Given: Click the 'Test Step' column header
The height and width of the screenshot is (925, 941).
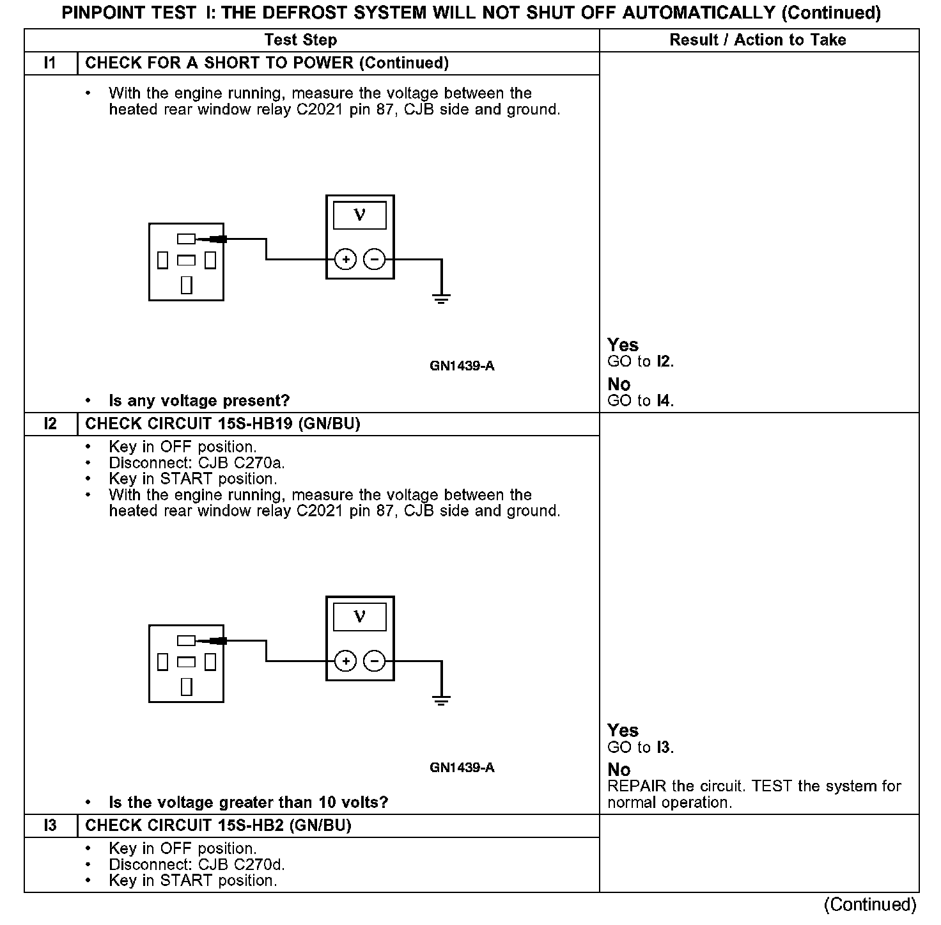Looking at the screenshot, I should click(x=300, y=40).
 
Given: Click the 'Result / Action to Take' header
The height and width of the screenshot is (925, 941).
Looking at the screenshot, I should click(x=758, y=40).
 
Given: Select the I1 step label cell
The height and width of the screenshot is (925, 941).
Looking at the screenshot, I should click(x=51, y=63).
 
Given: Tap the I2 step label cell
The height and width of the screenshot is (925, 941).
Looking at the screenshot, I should click(x=51, y=423).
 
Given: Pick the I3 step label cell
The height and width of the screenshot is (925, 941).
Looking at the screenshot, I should click(x=51, y=825).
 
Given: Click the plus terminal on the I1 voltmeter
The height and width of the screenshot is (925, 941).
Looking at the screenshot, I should click(x=346, y=259).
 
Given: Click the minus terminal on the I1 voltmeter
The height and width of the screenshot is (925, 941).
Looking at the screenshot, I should click(x=375, y=259).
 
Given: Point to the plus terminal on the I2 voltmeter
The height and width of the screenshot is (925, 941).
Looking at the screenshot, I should click(x=346, y=661).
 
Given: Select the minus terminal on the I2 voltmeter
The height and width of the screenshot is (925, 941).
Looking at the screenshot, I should click(x=375, y=661).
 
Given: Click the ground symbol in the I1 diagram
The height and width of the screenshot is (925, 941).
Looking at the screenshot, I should click(x=441, y=297).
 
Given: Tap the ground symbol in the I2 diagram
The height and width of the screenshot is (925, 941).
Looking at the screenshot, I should click(x=441, y=699).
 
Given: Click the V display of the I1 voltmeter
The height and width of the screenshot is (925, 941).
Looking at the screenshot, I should click(x=360, y=216).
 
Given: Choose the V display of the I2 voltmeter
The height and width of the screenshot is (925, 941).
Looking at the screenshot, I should click(x=360, y=617).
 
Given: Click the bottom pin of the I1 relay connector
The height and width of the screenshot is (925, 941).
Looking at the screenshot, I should click(x=186, y=285).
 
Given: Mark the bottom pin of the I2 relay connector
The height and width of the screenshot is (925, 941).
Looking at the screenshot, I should click(x=186, y=686).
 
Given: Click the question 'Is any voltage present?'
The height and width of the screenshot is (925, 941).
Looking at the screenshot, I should click(x=199, y=400).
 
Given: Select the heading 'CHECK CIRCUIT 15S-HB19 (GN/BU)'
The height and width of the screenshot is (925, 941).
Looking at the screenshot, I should click(x=222, y=423).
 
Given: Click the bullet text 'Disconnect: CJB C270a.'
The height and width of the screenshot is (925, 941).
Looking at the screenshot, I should click(x=197, y=462).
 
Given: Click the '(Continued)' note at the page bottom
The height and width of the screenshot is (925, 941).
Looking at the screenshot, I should click(x=869, y=904).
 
